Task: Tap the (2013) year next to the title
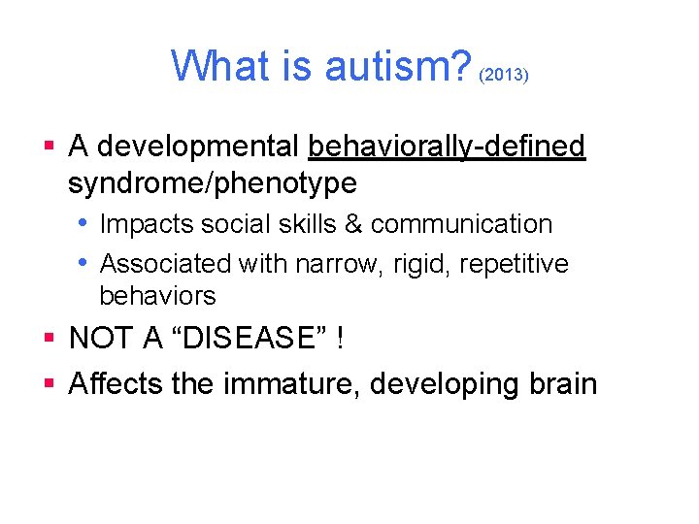(503, 75)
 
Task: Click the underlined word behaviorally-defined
(447, 147)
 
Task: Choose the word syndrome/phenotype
(213, 182)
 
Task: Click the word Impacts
(146, 224)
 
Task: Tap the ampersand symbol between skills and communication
(352, 224)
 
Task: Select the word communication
(461, 224)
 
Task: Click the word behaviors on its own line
(157, 295)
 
